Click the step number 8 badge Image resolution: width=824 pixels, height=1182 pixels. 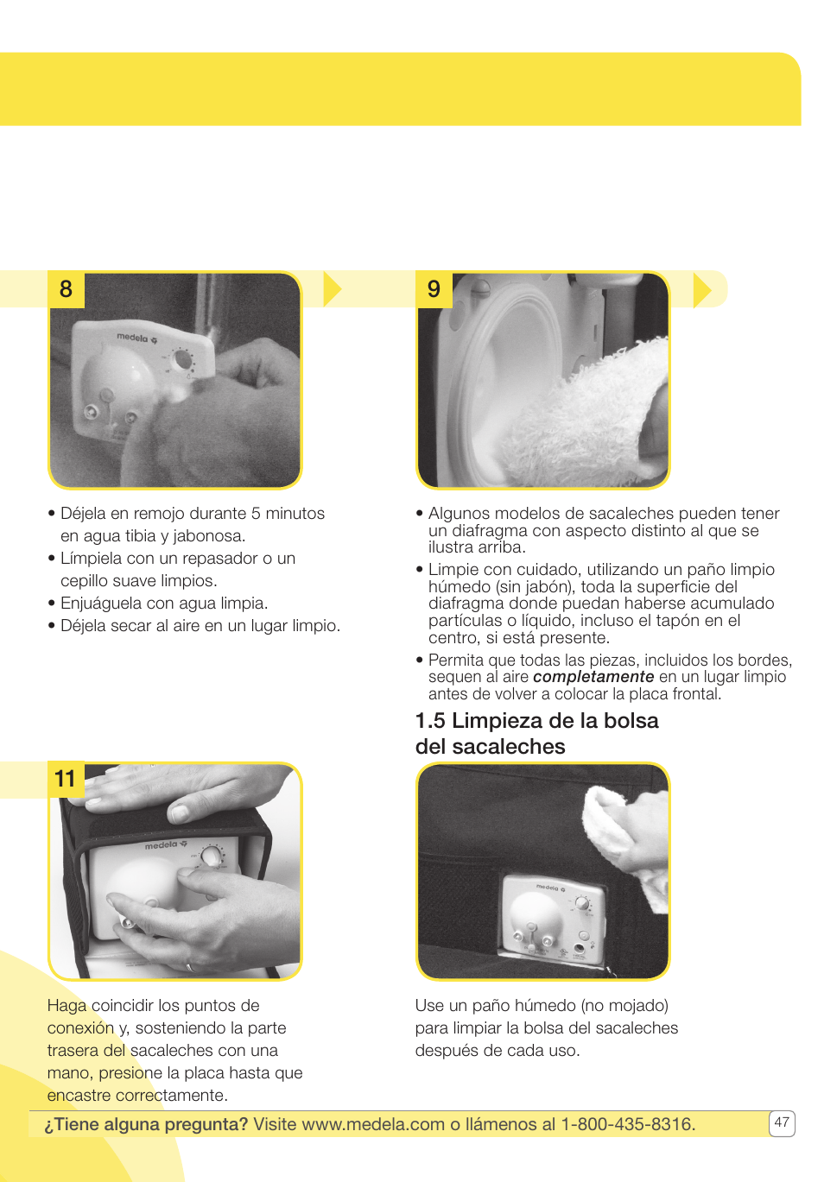pyautogui.click(x=66, y=289)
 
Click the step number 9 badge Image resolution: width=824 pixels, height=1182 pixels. pyautogui.click(x=434, y=289)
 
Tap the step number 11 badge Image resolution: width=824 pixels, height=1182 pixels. pyautogui.click(x=66, y=780)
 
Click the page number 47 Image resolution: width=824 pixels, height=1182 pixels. pyautogui.click(x=781, y=1122)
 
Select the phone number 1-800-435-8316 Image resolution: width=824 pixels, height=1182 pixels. pyautogui.click(x=627, y=1124)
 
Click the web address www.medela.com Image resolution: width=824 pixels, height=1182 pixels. pyautogui.click(x=373, y=1124)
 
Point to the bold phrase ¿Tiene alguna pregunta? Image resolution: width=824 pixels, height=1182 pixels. pyautogui.click(x=146, y=1124)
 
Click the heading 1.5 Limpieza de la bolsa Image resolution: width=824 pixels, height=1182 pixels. pyautogui.click(x=536, y=721)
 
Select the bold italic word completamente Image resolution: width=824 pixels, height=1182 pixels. pyautogui.click(x=593, y=677)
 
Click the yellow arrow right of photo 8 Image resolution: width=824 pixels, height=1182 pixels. pyautogui.click(x=332, y=289)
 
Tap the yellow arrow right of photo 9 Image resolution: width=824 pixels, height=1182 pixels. pyautogui.click(x=701, y=289)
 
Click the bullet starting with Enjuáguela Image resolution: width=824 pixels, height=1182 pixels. pyautogui.click(x=164, y=604)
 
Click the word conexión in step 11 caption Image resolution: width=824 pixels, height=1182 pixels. pyautogui.click(x=80, y=1028)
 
